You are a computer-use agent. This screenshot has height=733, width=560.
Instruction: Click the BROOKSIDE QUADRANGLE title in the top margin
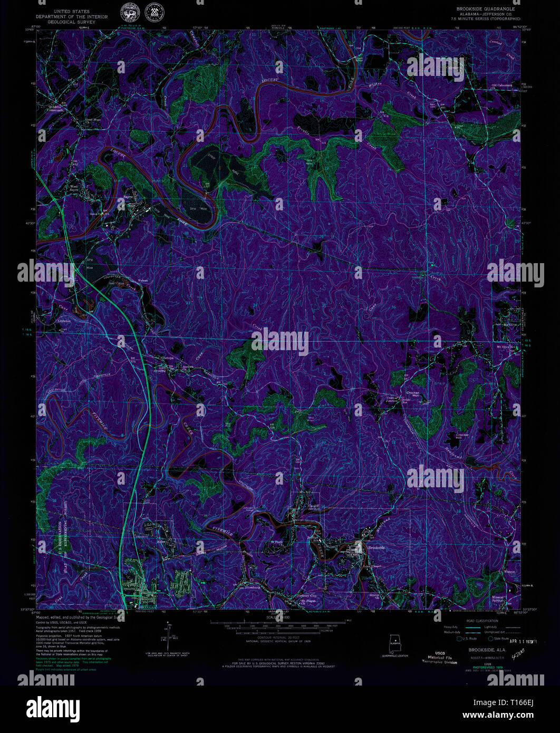coord(488,9)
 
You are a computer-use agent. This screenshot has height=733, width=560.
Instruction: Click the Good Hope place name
coord(93,120)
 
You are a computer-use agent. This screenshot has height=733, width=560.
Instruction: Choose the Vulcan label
coord(143,279)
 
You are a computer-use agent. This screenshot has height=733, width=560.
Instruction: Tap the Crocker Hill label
coord(462,436)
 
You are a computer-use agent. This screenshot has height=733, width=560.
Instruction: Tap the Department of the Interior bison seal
coord(128,11)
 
